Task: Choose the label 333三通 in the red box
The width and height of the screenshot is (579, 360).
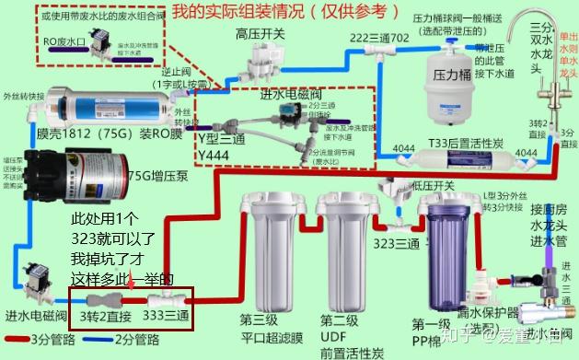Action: pyautogui.click(x=168, y=316)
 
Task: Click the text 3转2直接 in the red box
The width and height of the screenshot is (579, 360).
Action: pyautogui.click(x=107, y=316)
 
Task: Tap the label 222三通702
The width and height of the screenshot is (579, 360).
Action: pyautogui.click(x=376, y=37)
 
